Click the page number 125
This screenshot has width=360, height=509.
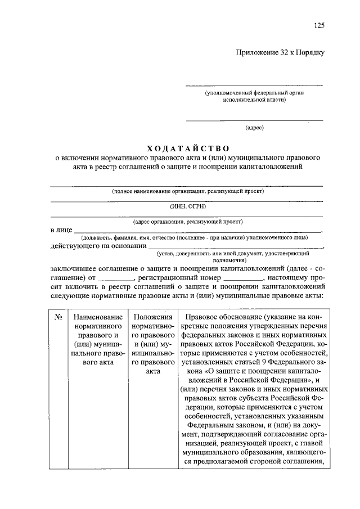(x=319, y=25)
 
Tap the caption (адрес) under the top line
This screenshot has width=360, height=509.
(x=254, y=128)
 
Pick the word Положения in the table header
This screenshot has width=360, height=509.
(x=152, y=317)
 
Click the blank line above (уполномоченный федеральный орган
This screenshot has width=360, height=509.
(x=254, y=85)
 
